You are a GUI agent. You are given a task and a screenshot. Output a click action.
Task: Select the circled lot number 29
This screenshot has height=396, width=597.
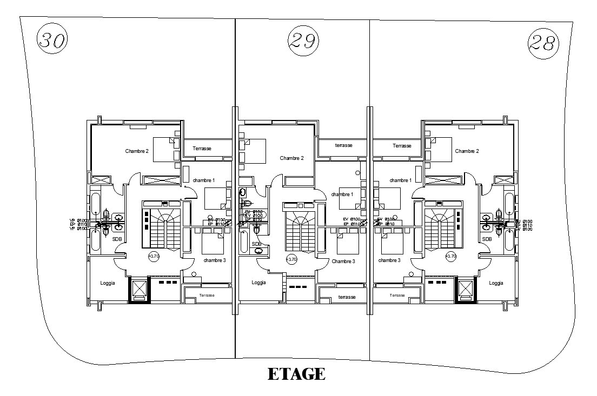coord(303,40)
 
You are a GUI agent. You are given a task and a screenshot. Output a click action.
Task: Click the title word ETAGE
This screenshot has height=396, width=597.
coord(296,374)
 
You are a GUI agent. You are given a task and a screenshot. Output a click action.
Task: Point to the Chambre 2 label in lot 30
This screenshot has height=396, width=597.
coord(137,151)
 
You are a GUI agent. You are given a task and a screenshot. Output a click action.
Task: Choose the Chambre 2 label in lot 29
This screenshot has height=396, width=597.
coord(291,158)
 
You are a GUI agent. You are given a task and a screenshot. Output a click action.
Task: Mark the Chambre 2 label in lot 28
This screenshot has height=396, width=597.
coord(467,151)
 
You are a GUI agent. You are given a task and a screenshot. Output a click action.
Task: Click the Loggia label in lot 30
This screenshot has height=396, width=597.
coord(108,283)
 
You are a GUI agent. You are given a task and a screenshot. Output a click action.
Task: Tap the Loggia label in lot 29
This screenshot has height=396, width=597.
coord(259,283)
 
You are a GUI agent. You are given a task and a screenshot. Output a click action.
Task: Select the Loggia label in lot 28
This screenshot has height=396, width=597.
coord(496,283)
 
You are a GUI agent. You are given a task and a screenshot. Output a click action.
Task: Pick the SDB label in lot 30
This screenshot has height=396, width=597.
coord(117,239)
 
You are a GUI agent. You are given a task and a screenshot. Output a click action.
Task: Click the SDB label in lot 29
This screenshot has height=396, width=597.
coord(257,244)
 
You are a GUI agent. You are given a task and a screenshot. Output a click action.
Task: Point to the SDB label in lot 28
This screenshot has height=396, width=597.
coord(487,239)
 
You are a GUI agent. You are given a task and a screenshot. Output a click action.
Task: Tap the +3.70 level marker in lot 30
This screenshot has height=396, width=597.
coord(154,257)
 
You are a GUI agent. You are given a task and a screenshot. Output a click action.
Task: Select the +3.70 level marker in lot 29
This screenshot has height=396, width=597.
coord(291,260)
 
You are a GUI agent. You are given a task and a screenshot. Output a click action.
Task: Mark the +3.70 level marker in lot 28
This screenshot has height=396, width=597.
coord(450,257)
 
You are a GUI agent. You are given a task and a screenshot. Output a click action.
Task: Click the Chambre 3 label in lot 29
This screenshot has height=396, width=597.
coord(343,261)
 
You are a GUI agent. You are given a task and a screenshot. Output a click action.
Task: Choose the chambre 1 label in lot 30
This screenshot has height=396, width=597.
coord(203,180)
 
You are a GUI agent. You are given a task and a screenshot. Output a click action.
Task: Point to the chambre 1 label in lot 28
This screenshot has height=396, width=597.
coord(400,180)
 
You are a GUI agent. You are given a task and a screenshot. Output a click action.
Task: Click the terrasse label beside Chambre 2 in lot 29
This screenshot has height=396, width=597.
coord(344,146)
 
